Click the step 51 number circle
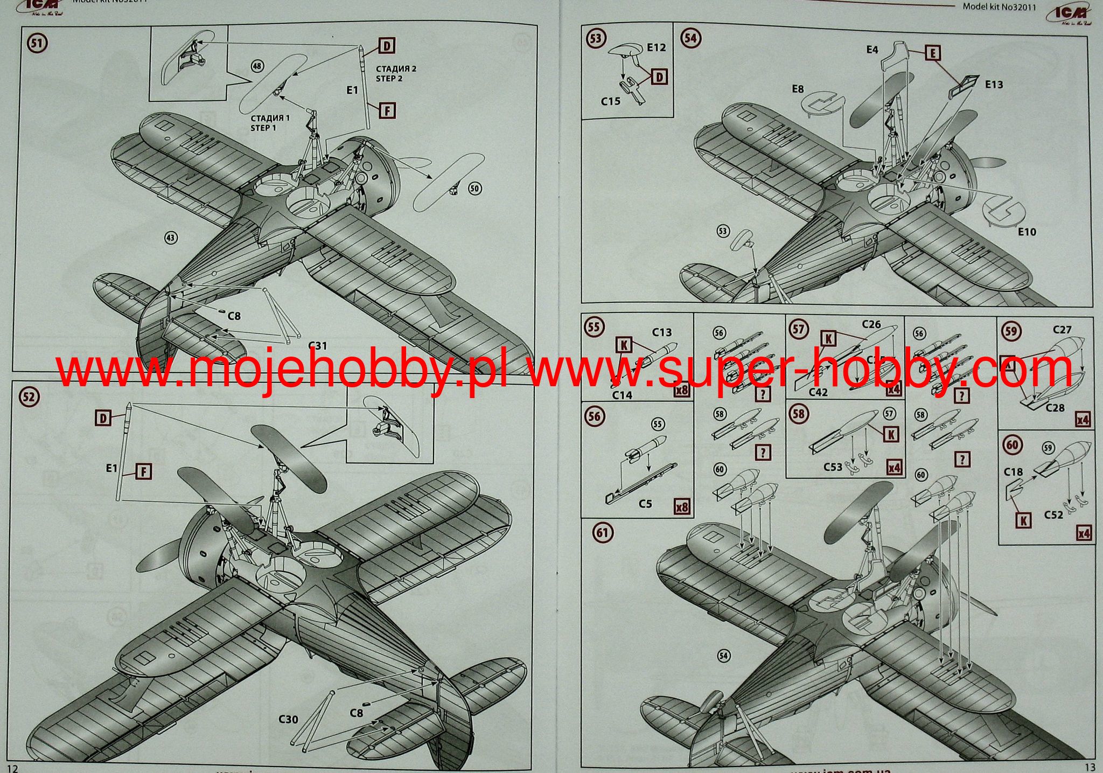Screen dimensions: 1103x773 (37, 43)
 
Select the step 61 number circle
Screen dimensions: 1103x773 (602, 533)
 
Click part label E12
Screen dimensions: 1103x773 (656, 47)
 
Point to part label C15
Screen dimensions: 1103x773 (610, 101)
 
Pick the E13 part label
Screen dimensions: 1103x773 (994, 85)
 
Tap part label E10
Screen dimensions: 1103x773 (1027, 232)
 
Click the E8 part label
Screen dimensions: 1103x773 (798, 89)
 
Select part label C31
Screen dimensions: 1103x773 (318, 345)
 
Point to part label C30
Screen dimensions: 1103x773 (289, 719)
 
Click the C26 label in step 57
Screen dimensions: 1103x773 (871, 324)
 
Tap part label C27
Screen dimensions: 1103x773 (1062, 330)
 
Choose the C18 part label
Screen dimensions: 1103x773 (1013, 472)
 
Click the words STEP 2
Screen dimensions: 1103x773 (389, 79)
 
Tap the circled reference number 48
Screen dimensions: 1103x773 (258, 66)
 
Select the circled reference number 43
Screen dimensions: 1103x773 (171, 237)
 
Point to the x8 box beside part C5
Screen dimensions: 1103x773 (682, 507)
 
